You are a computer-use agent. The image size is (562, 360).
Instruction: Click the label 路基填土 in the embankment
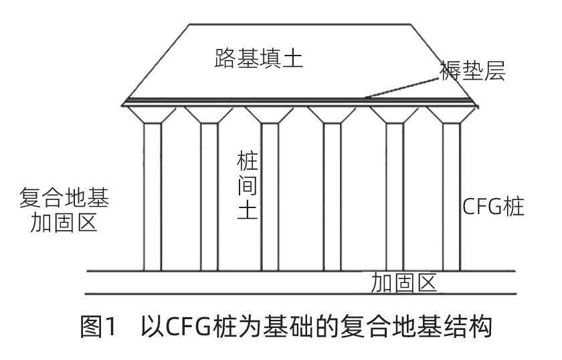258,59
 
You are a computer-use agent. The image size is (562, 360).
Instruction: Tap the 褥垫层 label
472,71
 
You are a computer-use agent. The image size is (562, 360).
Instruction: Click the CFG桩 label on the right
493,207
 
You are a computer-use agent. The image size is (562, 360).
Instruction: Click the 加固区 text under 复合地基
64,222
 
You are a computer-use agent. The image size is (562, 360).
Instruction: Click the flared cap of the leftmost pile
153,114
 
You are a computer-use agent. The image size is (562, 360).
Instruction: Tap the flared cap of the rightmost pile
451,114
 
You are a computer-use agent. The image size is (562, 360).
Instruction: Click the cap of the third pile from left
270,114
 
